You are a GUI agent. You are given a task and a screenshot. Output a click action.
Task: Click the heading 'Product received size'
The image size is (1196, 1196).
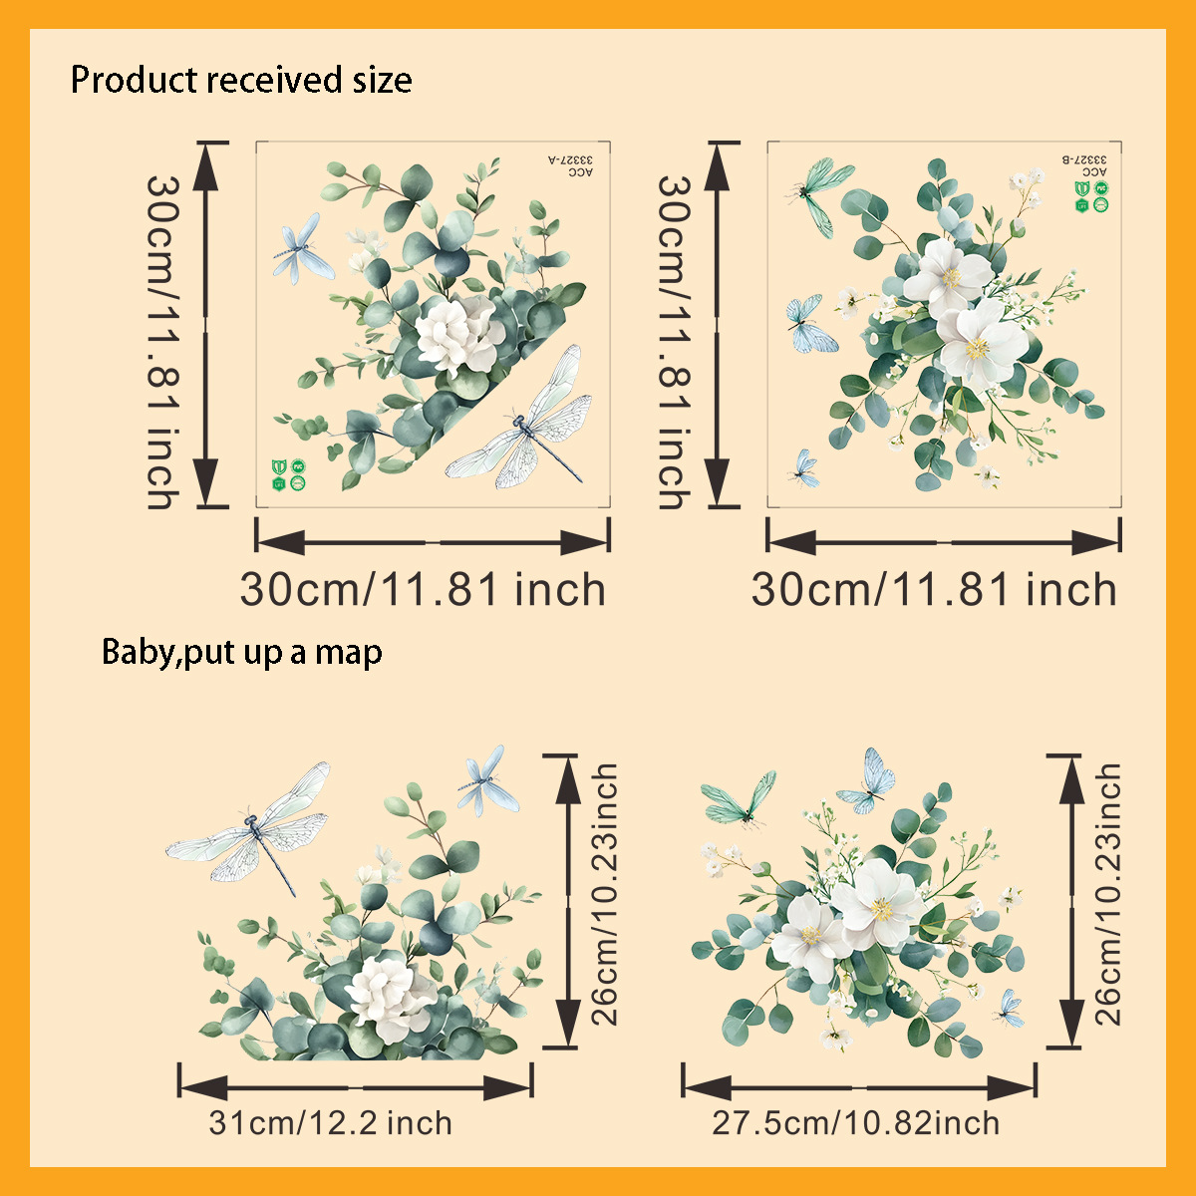pos(241,80)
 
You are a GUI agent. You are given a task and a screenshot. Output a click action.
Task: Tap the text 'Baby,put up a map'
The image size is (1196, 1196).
pos(242,652)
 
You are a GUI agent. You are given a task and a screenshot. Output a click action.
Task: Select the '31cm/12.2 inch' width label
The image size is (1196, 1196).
pos(330,1123)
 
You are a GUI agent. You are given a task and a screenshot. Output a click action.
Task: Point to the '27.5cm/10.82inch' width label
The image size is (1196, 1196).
pos(855,1123)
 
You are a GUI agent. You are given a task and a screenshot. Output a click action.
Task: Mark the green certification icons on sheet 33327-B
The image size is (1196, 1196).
pos(1091,196)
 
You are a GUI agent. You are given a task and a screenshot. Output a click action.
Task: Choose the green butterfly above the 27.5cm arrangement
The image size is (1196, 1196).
pos(741,798)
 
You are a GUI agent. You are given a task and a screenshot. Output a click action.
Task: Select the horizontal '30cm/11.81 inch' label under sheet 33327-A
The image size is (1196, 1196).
pos(423,590)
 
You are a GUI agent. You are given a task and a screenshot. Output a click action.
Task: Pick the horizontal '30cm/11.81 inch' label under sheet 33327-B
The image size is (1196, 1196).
pos(934,590)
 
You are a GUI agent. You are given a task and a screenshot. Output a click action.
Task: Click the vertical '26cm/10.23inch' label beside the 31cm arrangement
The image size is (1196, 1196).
pos(605,895)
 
